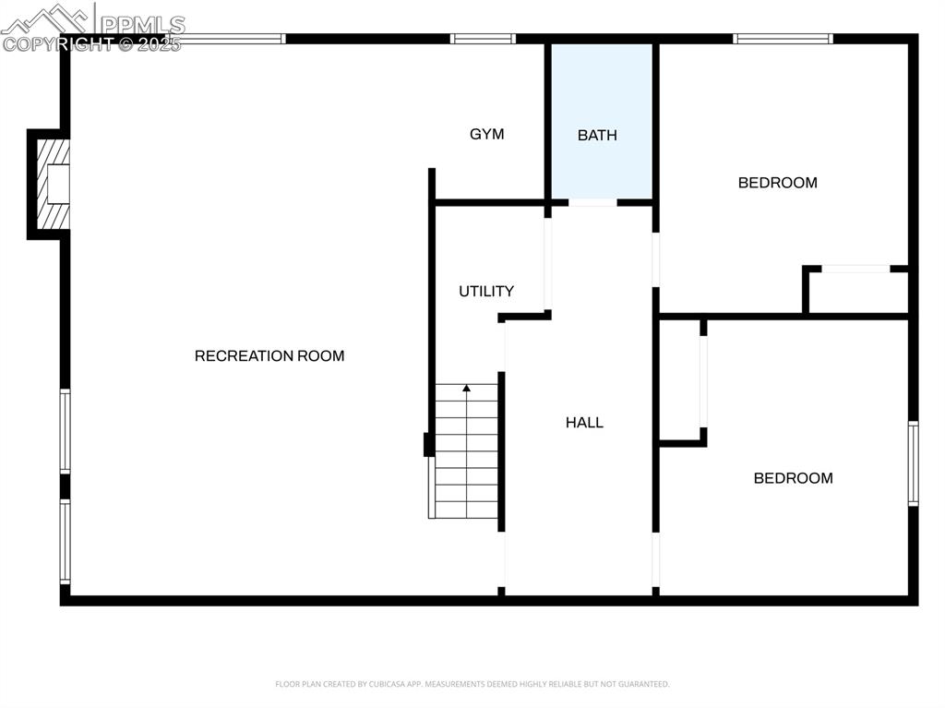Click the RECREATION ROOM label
[x=269, y=355]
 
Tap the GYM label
[x=487, y=134]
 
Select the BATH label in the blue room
[x=597, y=135]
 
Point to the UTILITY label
[x=486, y=291]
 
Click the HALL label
[x=584, y=422]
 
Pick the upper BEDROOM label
[x=777, y=182]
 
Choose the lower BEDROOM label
[x=793, y=477]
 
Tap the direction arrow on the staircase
[x=467, y=389]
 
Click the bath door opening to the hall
[x=592, y=201]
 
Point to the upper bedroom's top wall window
[x=783, y=39]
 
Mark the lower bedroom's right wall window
[x=913, y=463]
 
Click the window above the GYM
[x=483, y=39]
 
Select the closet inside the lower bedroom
[x=681, y=380]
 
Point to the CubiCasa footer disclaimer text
[x=472, y=684]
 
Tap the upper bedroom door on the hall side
[x=656, y=259]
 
